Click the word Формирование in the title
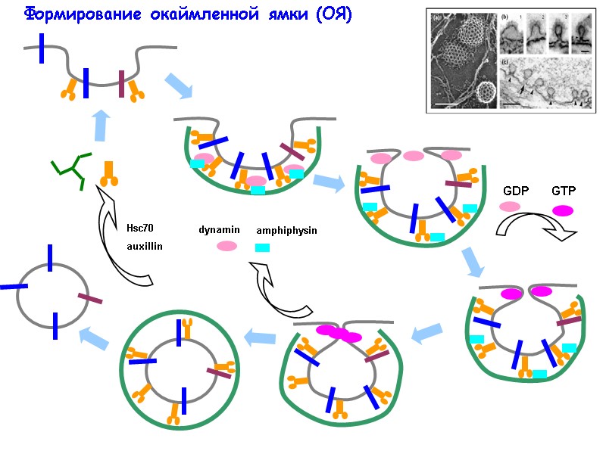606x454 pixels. coord(67,14)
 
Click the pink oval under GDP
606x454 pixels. coord(510,207)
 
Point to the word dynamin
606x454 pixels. coord(219,229)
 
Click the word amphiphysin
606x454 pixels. coord(286,230)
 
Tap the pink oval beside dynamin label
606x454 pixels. coord(226,246)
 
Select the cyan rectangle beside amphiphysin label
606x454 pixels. coord(263,247)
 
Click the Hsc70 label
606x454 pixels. coord(139,229)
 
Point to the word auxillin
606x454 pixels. coord(145,246)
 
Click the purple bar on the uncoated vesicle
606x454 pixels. coord(89,300)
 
